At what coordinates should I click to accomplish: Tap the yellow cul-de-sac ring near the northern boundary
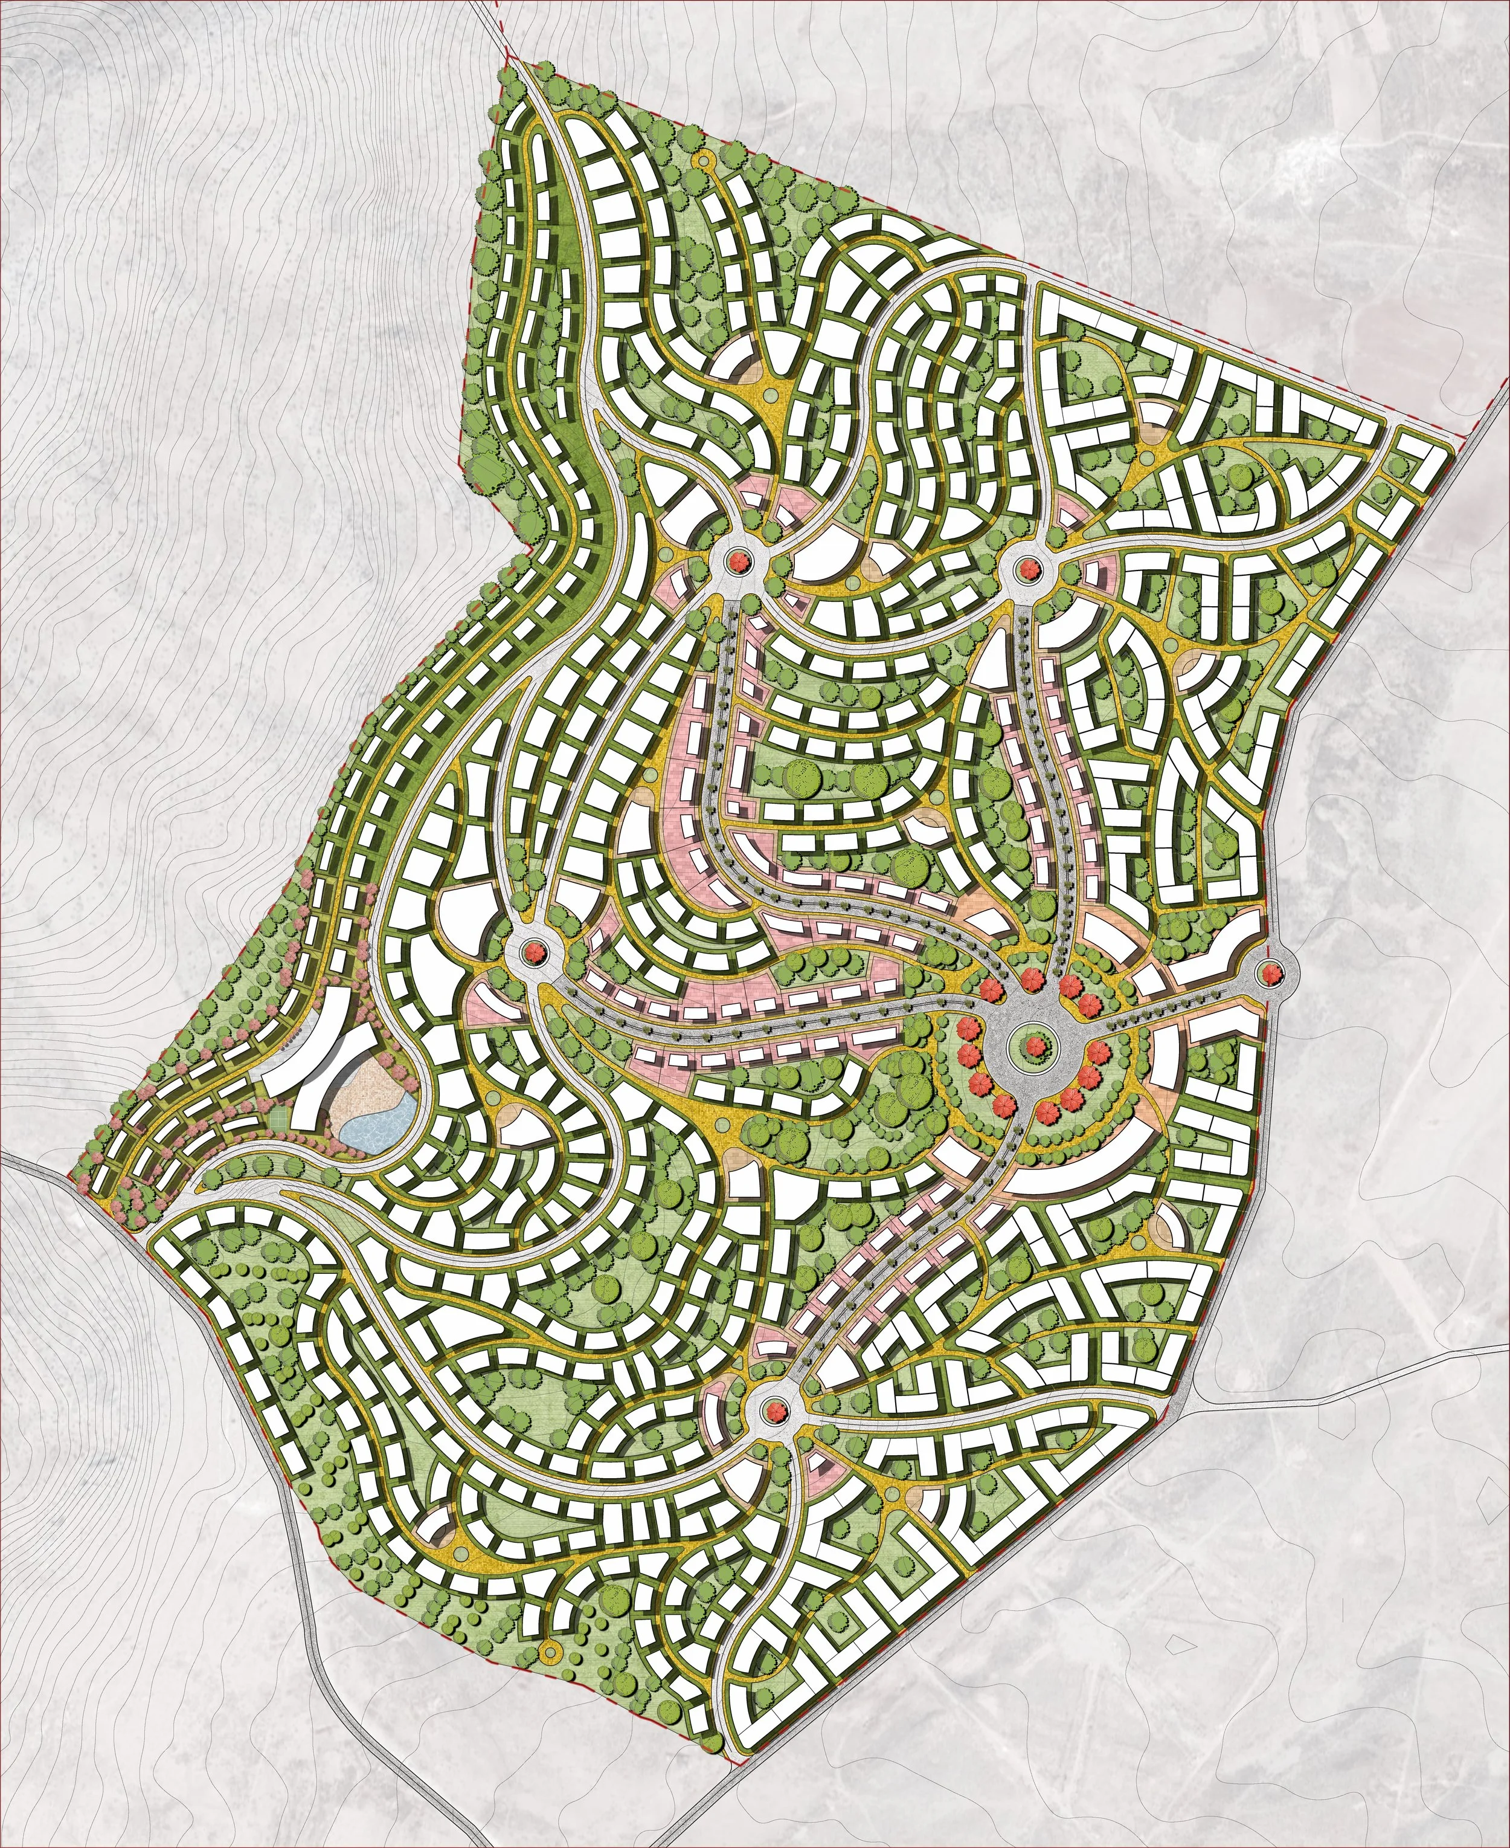(x=701, y=160)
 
